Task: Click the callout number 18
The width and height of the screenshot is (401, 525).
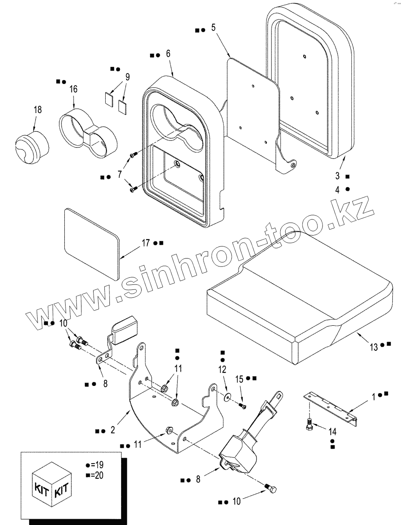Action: click(x=38, y=110)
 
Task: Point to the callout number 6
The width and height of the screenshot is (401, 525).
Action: click(x=168, y=53)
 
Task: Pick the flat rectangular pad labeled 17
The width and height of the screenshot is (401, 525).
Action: click(x=91, y=243)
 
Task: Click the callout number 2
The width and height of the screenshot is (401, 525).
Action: click(x=113, y=430)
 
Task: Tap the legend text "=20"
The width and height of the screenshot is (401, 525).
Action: click(x=96, y=475)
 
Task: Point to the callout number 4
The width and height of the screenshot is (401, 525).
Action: click(x=338, y=189)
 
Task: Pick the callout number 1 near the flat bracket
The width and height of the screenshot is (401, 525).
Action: click(x=375, y=394)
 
